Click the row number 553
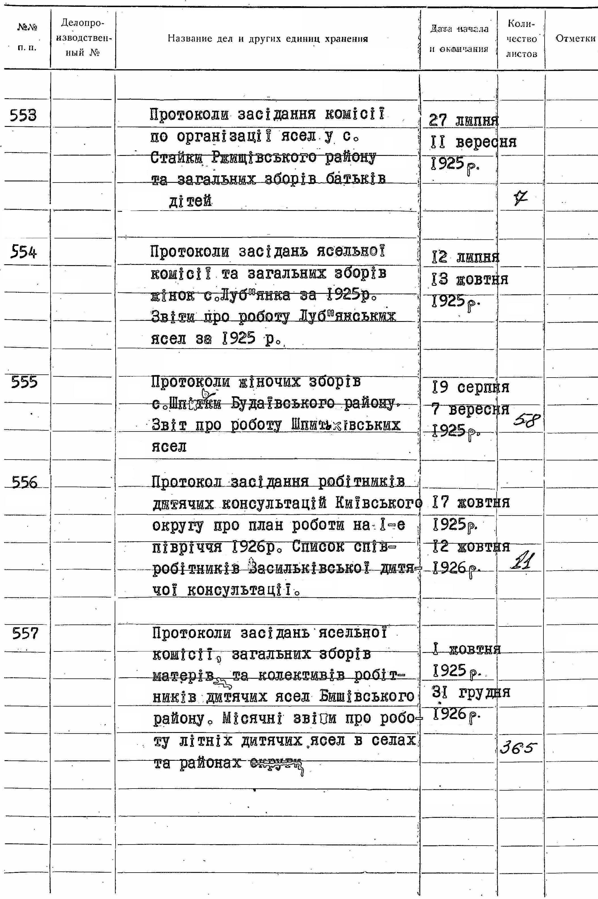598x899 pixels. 23,115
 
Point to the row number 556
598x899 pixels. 25,483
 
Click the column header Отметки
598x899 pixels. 575,39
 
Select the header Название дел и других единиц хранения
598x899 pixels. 268,39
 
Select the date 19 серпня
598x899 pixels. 471,388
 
